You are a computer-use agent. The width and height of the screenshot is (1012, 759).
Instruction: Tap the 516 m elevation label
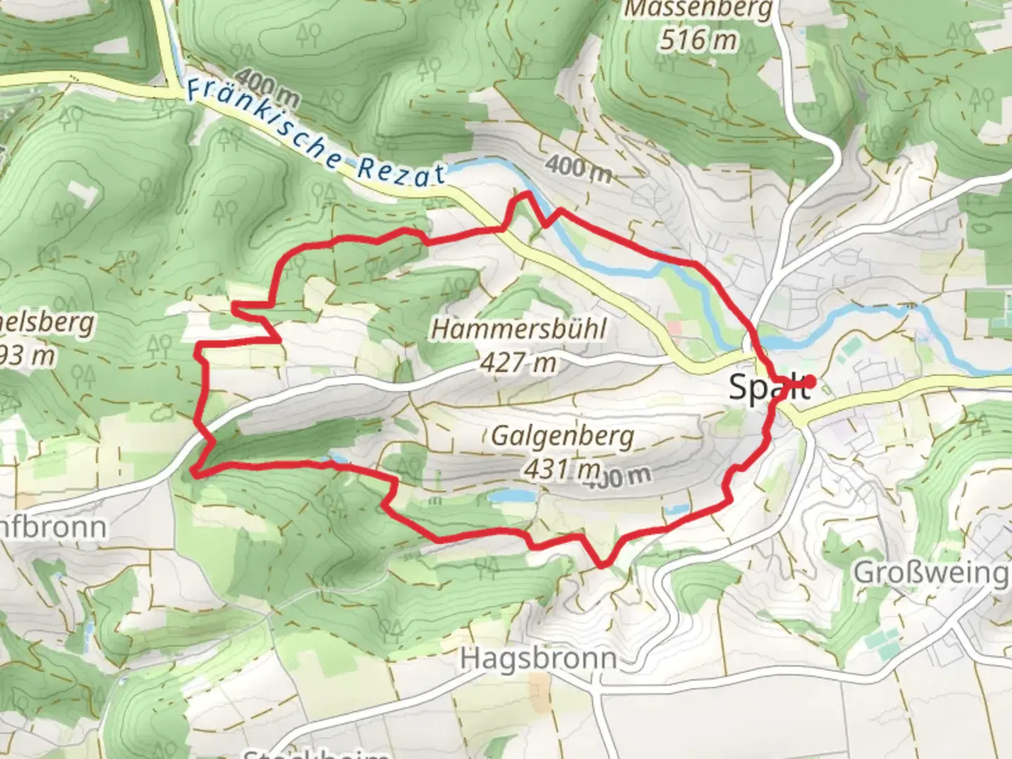pyautogui.click(x=697, y=39)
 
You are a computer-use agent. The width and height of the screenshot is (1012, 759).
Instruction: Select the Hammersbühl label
pyautogui.click(x=519, y=329)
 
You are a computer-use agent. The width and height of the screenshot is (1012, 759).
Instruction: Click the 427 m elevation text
pyautogui.click(x=519, y=363)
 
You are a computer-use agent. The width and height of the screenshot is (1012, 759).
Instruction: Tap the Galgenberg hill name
pyautogui.click(x=562, y=436)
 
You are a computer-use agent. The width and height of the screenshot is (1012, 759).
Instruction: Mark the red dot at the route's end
pyautogui.click(x=810, y=382)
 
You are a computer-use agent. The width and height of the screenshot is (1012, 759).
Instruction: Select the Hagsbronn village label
pyautogui.click(x=538, y=659)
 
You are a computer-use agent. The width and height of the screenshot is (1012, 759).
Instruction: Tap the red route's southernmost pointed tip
pyautogui.click(x=602, y=564)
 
